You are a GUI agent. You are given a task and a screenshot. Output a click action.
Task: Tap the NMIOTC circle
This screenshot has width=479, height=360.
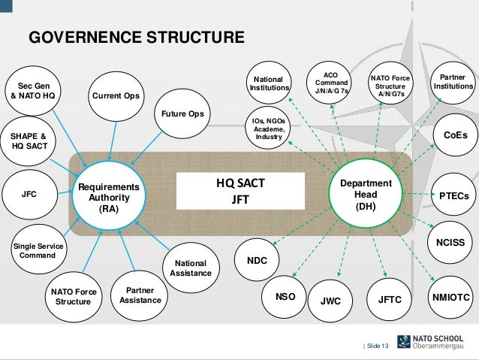coord(451,298)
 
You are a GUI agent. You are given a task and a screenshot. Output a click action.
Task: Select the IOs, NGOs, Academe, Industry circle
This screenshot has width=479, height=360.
coord(269,128)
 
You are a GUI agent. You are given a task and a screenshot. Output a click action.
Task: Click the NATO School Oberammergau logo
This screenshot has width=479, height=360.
coord(435,342)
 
